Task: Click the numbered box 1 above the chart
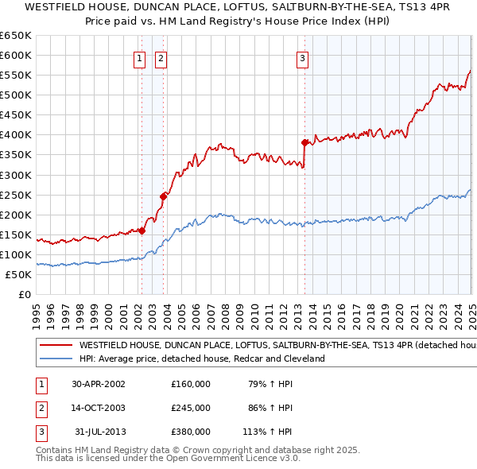click(x=140, y=57)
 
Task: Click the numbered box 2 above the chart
click(x=161, y=57)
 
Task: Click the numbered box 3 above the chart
click(x=303, y=57)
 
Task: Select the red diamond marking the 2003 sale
click(x=163, y=196)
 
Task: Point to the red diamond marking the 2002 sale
click(x=142, y=231)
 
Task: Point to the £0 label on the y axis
click(x=25, y=294)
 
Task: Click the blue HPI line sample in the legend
click(x=54, y=359)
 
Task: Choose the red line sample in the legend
click(x=54, y=346)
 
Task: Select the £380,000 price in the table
click(x=191, y=432)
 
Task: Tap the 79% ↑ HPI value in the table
click(x=270, y=384)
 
